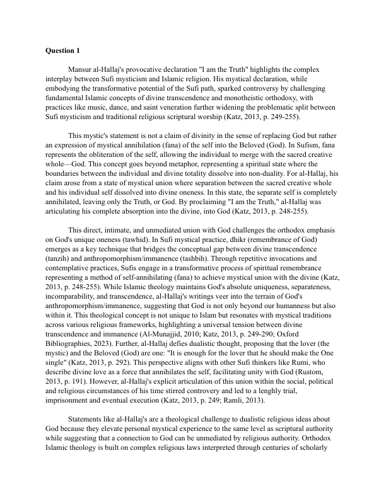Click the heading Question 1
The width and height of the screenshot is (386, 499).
63,49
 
